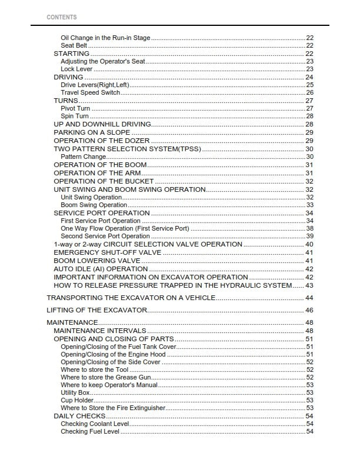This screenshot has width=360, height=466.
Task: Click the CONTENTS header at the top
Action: [x=61, y=17]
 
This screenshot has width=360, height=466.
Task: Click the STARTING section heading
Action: [x=71, y=54]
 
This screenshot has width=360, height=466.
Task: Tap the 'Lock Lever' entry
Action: [x=77, y=69]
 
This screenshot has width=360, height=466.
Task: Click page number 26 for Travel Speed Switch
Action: [x=309, y=93]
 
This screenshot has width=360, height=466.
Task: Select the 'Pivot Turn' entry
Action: [x=75, y=109]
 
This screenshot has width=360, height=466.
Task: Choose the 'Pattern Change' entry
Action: [x=84, y=157]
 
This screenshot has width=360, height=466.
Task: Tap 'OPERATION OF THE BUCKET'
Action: [x=104, y=181]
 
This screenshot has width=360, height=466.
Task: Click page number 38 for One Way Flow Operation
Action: [x=309, y=228]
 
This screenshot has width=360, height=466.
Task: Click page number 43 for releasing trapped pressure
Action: [x=309, y=285]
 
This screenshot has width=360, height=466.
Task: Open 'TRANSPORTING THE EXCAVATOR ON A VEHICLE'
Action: [x=131, y=298]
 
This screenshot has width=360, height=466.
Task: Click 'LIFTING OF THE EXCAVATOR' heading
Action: [x=96, y=310]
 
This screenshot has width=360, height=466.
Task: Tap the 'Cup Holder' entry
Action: [x=77, y=400]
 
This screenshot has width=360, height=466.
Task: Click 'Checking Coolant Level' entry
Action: [x=94, y=424]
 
